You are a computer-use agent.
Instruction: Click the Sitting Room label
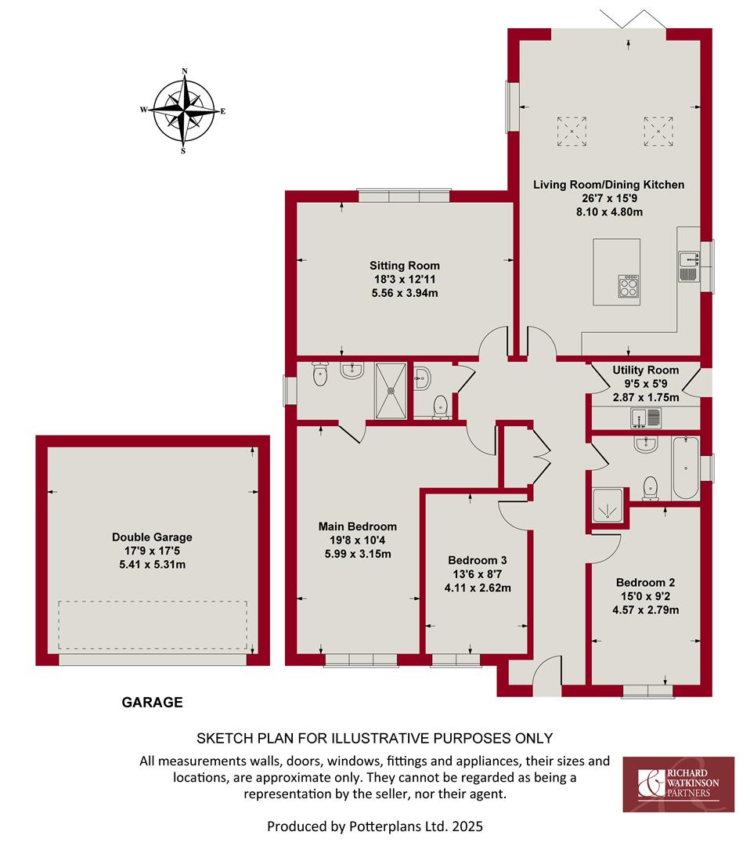click(x=405, y=266)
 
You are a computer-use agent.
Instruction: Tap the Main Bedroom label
click(x=358, y=526)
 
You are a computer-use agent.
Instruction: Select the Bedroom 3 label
click(x=478, y=560)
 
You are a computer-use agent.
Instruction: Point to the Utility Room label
click(x=645, y=370)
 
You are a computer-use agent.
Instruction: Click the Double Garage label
click(x=152, y=537)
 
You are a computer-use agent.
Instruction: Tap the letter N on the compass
click(x=185, y=70)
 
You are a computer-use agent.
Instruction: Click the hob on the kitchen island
click(x=629, y=285)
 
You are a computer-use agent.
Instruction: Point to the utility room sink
click(x=646, y=418)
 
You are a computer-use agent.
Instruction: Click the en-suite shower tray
click(x=391, y=391)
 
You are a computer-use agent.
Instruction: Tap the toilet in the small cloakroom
click(x=441, y=407)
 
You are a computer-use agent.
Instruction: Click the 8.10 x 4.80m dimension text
click(x=609, y=212)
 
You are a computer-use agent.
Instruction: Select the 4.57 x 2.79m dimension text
click(x=645, y=610)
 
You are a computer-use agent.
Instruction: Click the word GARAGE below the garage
click(x=152, y=702)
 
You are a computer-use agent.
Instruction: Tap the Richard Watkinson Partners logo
click(x=678, y=784)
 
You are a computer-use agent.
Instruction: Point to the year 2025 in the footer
click(x=467, y=826)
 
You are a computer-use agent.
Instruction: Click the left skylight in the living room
click(x=572, y=131)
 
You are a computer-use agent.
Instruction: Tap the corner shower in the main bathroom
click(x=608, y=505)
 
